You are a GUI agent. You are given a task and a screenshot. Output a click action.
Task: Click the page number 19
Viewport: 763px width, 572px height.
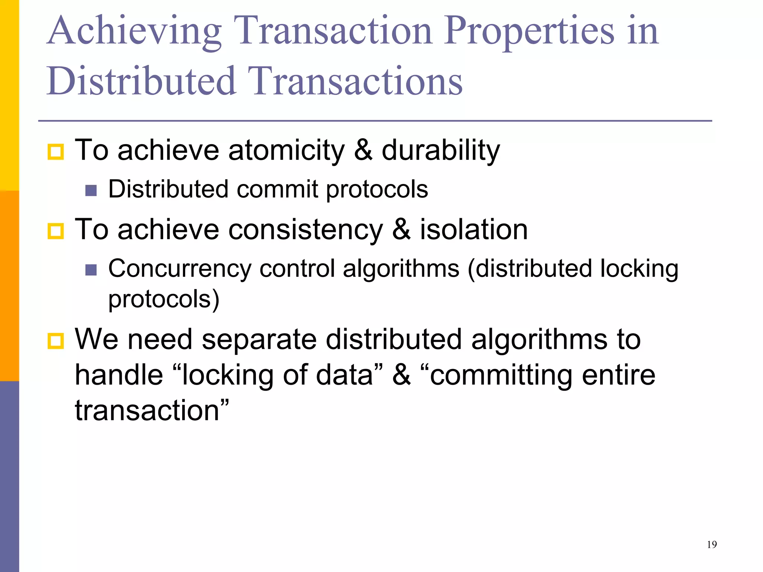pyautogui.click(x=712, y=545)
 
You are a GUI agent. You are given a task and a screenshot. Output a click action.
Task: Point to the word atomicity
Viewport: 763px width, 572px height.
pyautogui.click(x=286, y=150)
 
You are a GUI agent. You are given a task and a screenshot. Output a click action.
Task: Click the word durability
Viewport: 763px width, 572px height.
pyautogui.click(x=440, y=150)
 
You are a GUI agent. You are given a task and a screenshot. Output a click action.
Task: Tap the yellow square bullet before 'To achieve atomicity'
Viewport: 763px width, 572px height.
pyautogui.click(x=56, y=152)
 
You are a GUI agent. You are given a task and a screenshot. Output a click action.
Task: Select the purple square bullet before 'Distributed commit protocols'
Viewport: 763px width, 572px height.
pyautogui.click(x=91, y=191)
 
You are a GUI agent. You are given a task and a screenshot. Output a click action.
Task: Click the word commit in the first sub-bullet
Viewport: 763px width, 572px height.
pyautogui.click(x=277, y=189)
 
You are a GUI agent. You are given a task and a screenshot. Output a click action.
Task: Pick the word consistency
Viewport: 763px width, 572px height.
pyautogui.click(x=305, y=229)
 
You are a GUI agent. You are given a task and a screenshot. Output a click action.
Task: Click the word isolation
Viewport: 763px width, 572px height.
pyautogui.click(x=474, y=229)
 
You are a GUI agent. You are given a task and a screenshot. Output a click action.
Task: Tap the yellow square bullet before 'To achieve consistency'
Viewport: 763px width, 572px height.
pyautogui.click(x=56, y=231)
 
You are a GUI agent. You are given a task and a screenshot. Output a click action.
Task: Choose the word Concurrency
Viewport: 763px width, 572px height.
pyautogui.click(x=180, y=269)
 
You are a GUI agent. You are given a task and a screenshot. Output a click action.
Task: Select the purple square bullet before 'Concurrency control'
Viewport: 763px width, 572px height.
pyautogui.click(x=91, y=270)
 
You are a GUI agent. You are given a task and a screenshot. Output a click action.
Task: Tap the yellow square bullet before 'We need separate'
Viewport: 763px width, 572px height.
pyautogui.click(x=56, y=341)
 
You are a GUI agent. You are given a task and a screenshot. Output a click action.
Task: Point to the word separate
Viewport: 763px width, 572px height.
pyautogui.click(x=259, y=340)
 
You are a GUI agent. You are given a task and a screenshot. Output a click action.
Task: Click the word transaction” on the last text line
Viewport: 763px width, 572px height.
pyautogui.click(x=152, y=411)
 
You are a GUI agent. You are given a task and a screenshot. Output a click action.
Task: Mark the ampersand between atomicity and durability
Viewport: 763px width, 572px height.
pyautogui.click(x=363, y=150)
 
